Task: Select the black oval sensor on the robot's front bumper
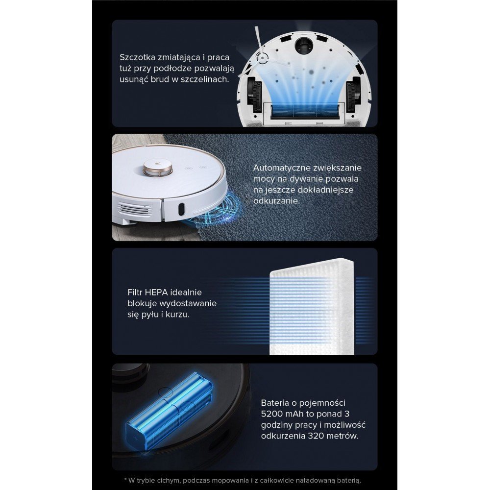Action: pyautogui.click(x=181, y=209)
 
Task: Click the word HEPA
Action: pyautogui.click(x=156, y=293)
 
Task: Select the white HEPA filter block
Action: pyautogui.click(x=312, y=308)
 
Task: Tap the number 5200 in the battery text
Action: pyautogui.click(x=272, y=414)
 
